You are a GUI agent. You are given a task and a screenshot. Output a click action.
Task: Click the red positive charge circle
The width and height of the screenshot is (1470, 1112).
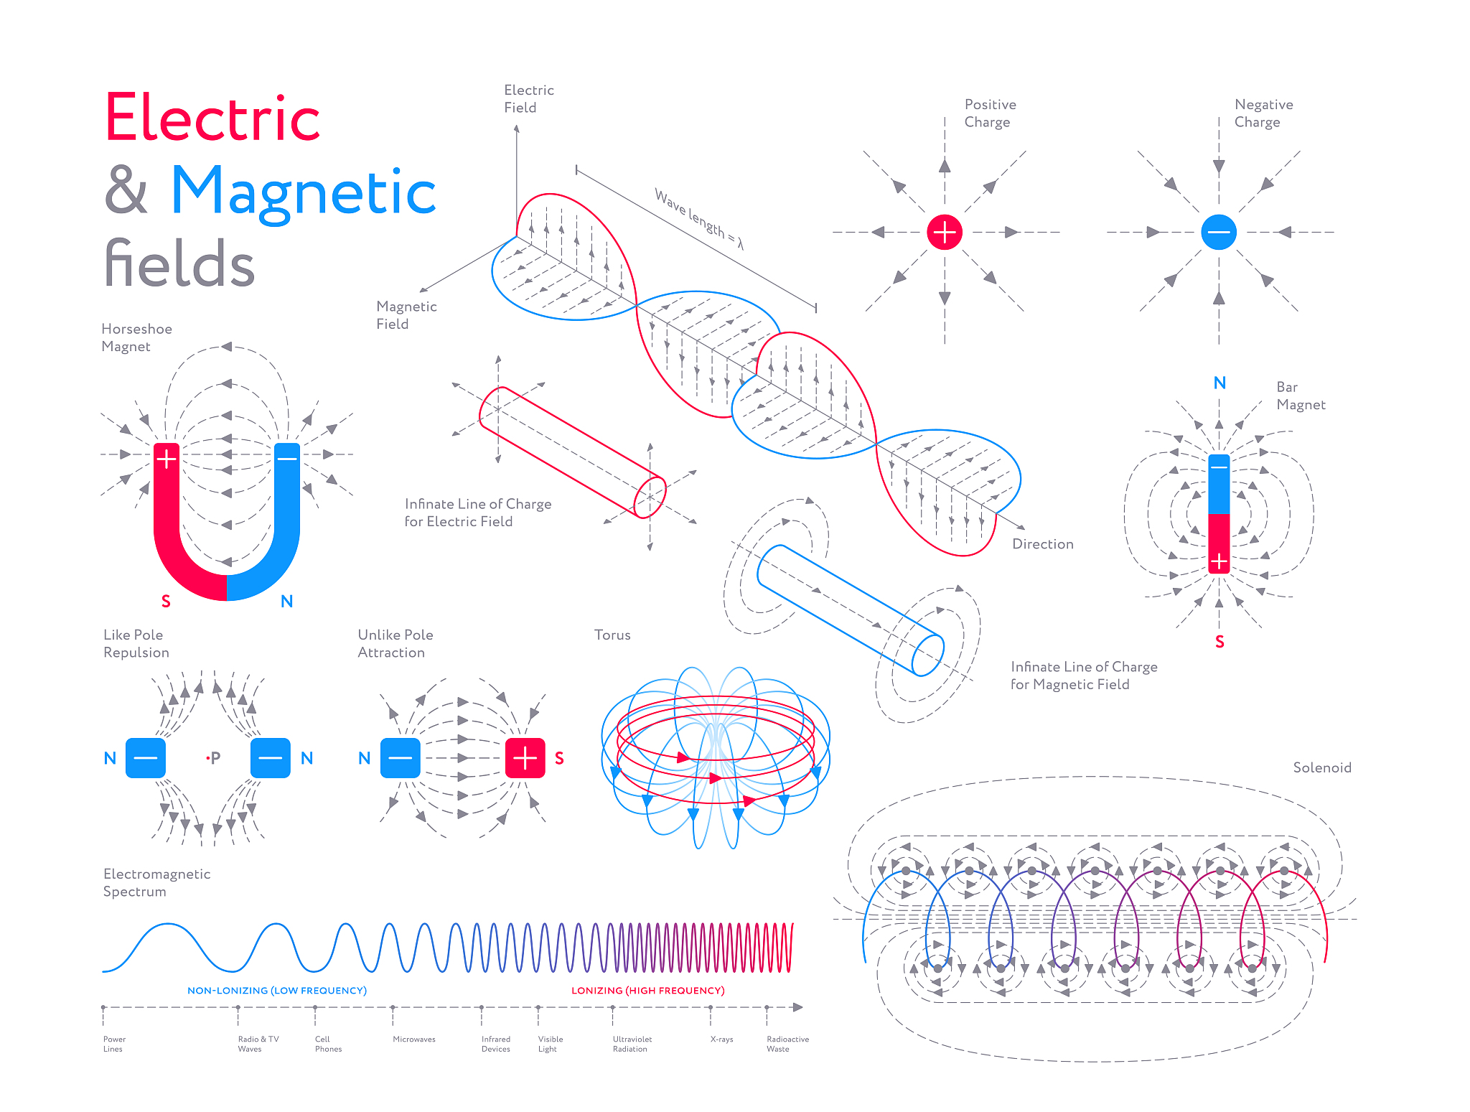pyautogui.click(x=944, y=232)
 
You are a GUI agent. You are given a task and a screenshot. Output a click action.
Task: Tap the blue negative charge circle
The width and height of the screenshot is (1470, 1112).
pyautogui.click(x=1218, y=232)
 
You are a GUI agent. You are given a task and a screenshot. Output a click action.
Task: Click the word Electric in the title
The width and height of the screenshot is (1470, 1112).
pyautogui.click(x=212, y=118)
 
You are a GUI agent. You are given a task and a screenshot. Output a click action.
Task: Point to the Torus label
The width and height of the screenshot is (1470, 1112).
pyautogui.click(x=612, y=635)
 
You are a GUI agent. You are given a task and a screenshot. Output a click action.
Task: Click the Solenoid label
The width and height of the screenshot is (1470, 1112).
pyautogui.click(x=1321, y=767)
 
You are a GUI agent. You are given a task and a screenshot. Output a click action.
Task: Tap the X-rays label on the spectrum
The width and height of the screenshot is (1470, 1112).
pyautogui.click(x=721, y=1039)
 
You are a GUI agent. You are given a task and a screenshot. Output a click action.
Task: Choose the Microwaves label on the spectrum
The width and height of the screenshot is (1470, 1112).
pyautogui.click(x=413, y=1039)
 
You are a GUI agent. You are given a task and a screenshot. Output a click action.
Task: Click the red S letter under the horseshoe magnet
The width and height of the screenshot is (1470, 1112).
pyautogui.click(x=166, y=602)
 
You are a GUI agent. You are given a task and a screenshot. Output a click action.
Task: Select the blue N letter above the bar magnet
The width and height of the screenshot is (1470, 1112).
pyautogui.click(x=1219, y=383)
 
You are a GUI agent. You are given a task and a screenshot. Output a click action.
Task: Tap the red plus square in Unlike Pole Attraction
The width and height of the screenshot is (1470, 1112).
pyautogui.click(x=525, y=757)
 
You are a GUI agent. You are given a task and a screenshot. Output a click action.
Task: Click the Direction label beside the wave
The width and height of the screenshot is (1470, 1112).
pyautogui.click(x=1042, y=544)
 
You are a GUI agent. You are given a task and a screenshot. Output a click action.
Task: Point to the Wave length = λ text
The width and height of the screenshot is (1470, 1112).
pyautogui.click(x=698, y=218)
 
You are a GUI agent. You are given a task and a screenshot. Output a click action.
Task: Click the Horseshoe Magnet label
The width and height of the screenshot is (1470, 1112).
pyautogui.click(x=136, y=337)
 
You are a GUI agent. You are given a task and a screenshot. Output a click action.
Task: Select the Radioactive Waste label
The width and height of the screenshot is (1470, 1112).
pyautogui.click(x=787, y=1044)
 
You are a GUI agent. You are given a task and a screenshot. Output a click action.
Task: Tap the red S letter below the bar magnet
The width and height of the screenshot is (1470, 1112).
pyautogui.click(x=1219, y=642)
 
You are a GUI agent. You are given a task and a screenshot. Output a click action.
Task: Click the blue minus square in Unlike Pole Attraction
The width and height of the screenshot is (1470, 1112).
pyautogui.click(x=400, y=757)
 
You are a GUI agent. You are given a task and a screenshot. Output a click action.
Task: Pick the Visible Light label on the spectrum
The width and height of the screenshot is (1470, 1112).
pyautogui.click(x=550, y=1044)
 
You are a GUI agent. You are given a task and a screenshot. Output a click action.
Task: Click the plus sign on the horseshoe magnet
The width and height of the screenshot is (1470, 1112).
pyautogui.click(x=167, y=458)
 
